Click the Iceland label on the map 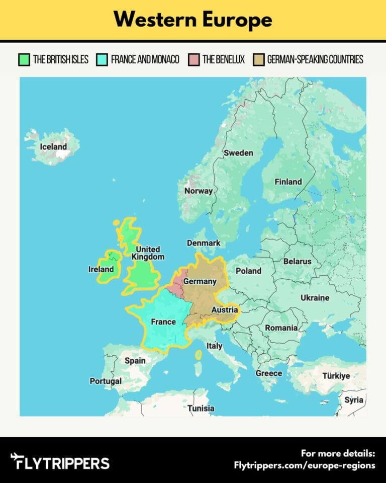[x=53, y=147]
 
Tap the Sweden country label [x=238, y=153]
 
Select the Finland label [x=288, y=182]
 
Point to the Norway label [x=198, y=191]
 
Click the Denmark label [x=203, y=243]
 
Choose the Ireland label [x=101, y=269]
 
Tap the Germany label [x=200, y=281]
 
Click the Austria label [x=224, y=310]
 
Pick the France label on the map [x=163, y=321]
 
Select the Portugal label [x=106, y=381]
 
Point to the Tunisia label [x=201, y=409]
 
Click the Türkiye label [x=336, y=376]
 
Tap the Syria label [x=353, y=400]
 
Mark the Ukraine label [x=315, y=297]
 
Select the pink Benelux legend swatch [x=194, y=59]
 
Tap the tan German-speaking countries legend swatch [x=260, y=59]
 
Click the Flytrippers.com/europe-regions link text [x=305, y=465]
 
